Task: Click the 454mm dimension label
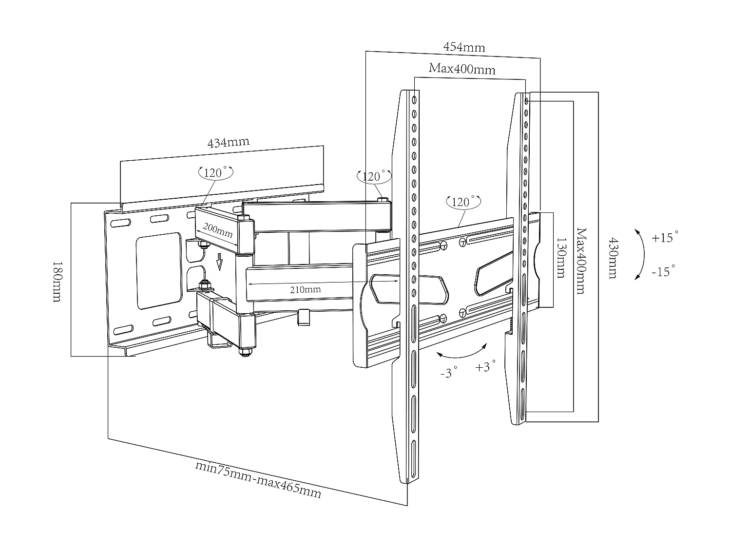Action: point(463,47)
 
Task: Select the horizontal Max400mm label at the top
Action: point(462,69)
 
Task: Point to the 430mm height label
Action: point(612,258)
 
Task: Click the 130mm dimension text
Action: point(561,258)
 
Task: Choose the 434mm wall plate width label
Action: point(228,143)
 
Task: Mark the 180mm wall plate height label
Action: point(57,281)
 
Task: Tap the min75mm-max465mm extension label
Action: point(258,479)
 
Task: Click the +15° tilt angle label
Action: point(665,238)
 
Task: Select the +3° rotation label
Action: point(485,366)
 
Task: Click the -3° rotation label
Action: point(448,373)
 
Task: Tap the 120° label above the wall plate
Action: point(215,172)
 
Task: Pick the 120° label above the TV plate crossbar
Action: point(463,201)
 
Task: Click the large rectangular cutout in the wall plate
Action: point(159,270)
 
